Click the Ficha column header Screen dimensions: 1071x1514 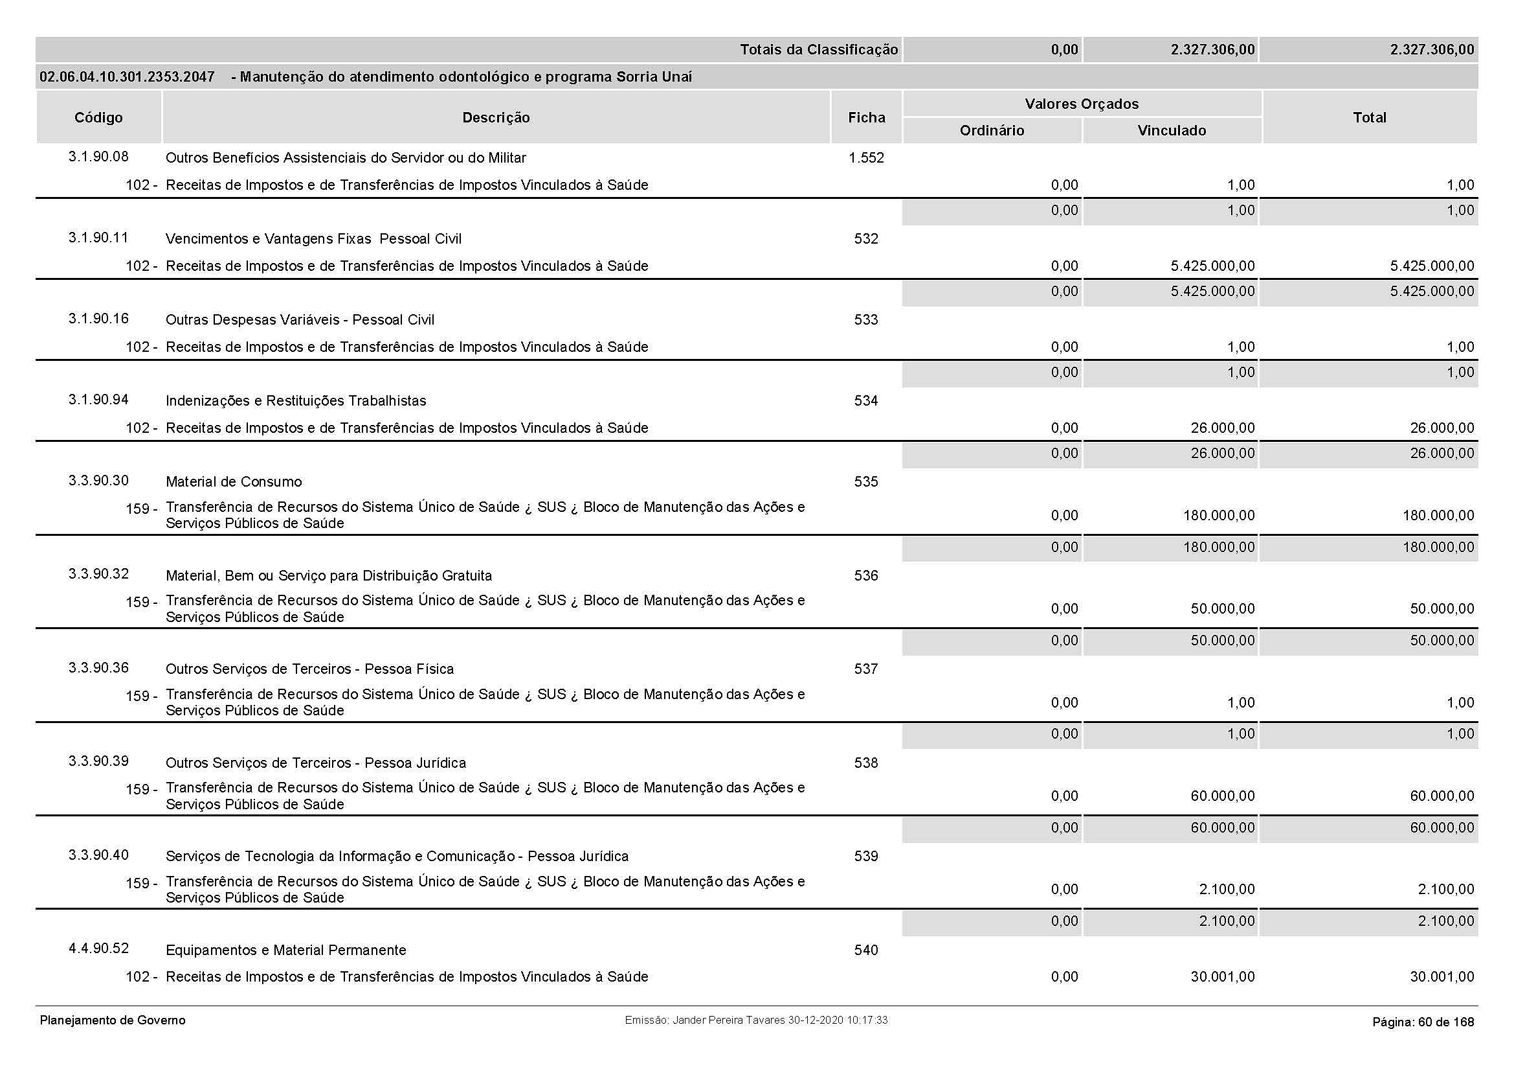click(x=866, y=117)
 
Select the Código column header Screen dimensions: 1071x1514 click(x=98, y=117)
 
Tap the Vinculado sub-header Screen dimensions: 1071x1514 click(x=1171, y=131)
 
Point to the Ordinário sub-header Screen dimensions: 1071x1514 click(x=992, y=131)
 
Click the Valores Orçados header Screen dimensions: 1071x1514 click(x=1082, y=104)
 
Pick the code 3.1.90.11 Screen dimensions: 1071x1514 click(x=98, y=238)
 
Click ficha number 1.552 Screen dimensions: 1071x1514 click(x=866, y=157)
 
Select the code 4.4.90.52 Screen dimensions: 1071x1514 click(x=98, y=949)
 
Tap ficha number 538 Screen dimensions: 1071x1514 click(x=866, y=763)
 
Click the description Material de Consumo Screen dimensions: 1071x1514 click(x=234, y=481)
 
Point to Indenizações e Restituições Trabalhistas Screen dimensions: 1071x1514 click(x=295, y=400)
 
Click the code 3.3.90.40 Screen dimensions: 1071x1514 click(x=98, y=855)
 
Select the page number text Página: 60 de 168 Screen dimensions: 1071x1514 click(x=1422, y=1022)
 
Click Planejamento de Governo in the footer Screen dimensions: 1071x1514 click(x=113, y=1020)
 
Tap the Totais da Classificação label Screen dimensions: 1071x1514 click(x=818, y=49)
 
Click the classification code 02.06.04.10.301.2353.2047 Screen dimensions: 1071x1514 click(x=127, y=77)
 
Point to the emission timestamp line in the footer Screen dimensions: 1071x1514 click(x=755, y=1020)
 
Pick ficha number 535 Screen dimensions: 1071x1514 click(x=866, y=481)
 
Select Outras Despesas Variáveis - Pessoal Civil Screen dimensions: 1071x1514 click(x=300, y=320)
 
